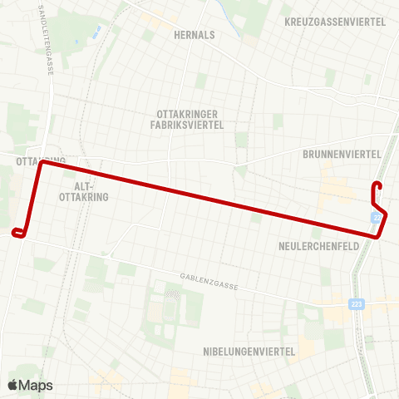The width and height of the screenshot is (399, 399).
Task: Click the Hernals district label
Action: tap(195, 35)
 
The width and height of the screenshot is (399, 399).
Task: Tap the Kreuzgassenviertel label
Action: tap(335, 22)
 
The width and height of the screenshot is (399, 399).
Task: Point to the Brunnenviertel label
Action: tap(342, 154)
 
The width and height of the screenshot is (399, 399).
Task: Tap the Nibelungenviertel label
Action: tap(249, 352)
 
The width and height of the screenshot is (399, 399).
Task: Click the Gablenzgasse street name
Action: tap(209, 281)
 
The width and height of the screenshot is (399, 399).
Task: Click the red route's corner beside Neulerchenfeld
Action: tap(378, 236)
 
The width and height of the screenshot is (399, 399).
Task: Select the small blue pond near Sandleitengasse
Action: tap(96, 33)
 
